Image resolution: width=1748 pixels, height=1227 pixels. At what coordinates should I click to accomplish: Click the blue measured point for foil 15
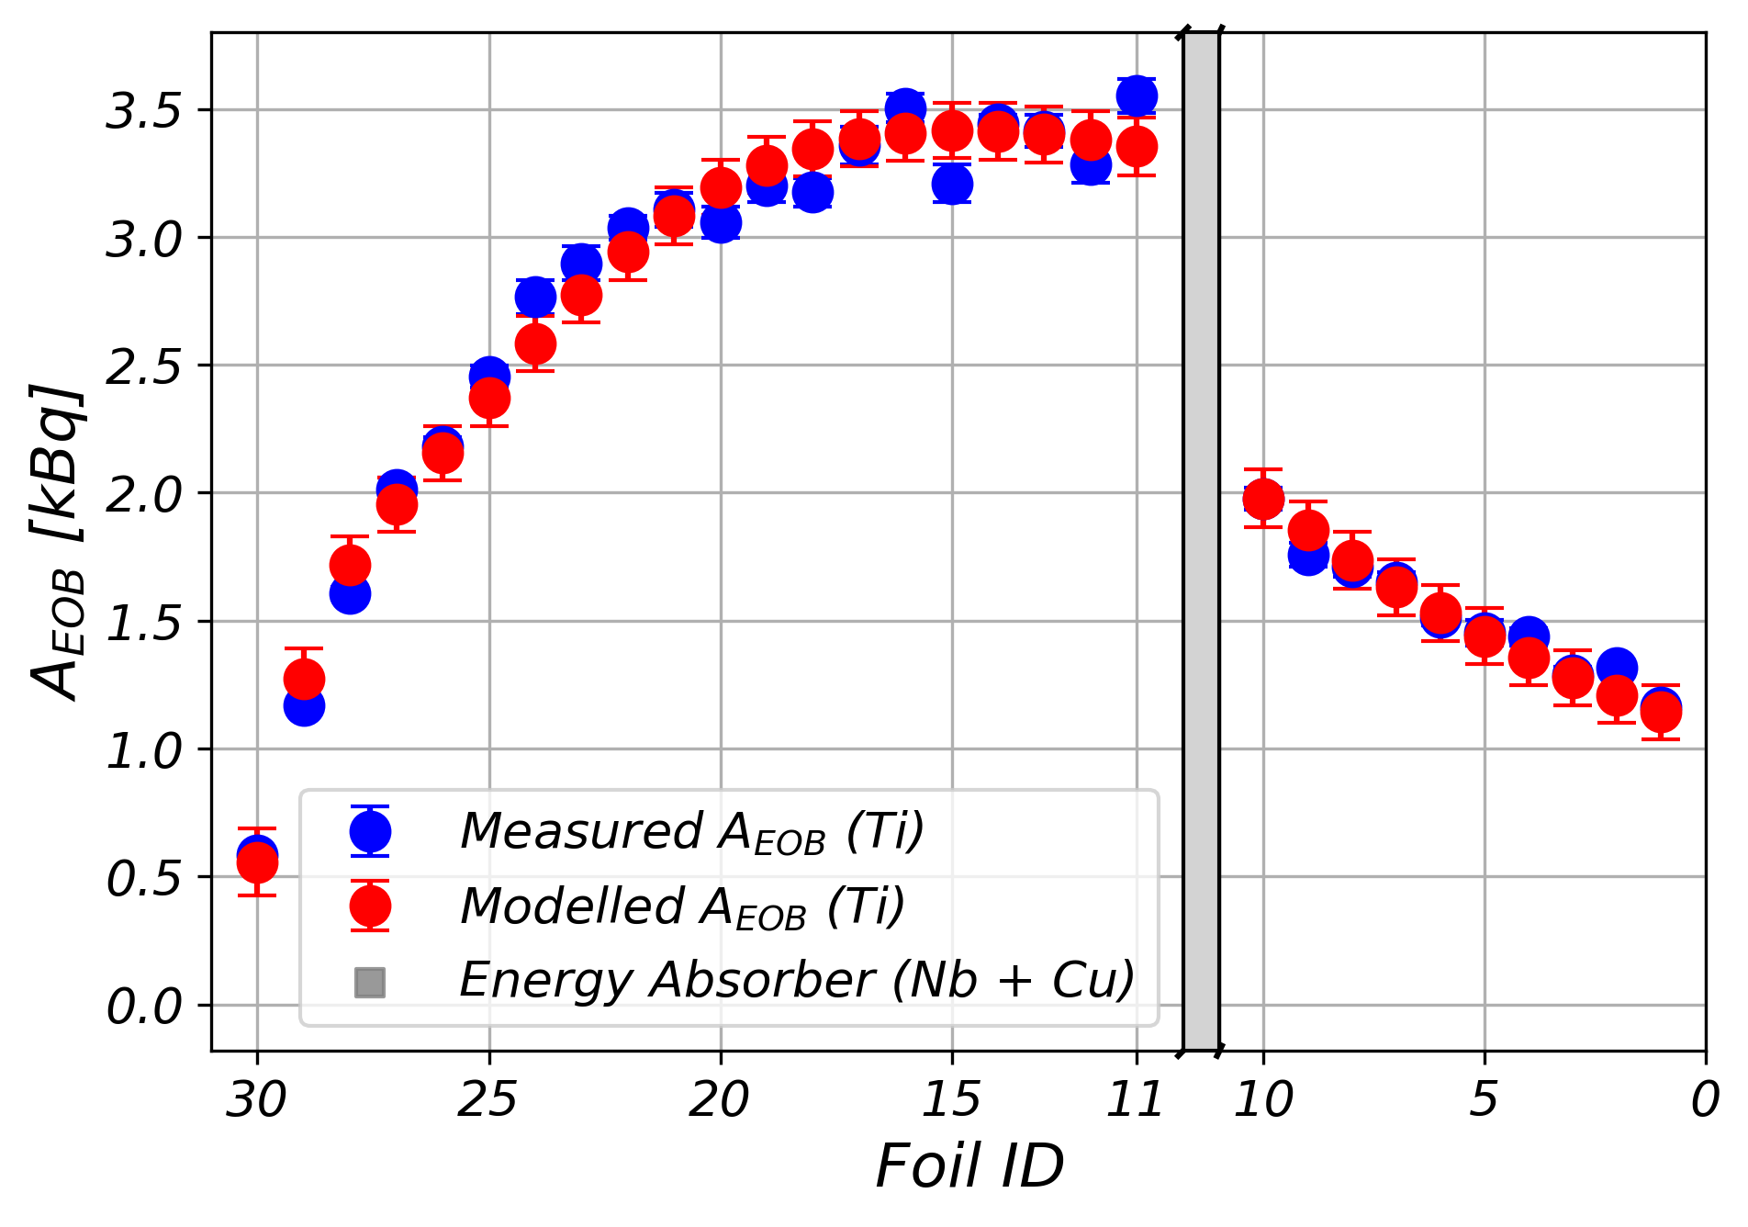click(x=952, y=184)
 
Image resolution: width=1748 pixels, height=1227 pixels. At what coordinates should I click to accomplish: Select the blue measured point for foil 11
click(x=1137, y=96)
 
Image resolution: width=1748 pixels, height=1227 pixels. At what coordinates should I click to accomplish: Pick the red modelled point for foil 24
click(x=535, y=343)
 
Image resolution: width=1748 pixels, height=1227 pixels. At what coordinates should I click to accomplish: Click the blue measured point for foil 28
click(x=350, y=594)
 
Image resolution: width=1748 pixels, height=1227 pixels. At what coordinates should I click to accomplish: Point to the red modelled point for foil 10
click(x=1263, y=500)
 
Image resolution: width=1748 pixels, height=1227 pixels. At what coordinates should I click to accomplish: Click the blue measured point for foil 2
click(x=1617, y=668)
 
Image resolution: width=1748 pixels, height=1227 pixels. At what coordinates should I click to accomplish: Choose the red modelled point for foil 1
click(x=1661, y=712)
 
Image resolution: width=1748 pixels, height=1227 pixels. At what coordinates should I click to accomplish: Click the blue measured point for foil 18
click(x=812, y=192)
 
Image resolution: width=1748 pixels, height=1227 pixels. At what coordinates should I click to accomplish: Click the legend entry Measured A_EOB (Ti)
click(x=691, y=832)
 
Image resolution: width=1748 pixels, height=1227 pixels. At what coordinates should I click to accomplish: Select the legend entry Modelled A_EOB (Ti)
click(x=682, y=906)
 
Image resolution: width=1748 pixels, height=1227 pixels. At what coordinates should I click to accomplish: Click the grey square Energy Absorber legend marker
click(x=370, y=982)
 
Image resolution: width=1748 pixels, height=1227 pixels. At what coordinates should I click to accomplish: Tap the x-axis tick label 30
click(x=256, y=1099)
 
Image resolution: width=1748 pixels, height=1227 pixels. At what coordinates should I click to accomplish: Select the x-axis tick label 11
click(x=1135, y=1099)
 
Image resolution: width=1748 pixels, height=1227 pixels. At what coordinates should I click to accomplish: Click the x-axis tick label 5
click(x=1484, y=1099)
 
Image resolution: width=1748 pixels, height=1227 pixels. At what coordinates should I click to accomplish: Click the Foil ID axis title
click(x=969, y=1167)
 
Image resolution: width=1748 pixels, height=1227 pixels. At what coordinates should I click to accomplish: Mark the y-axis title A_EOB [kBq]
click(x=57, y=542)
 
